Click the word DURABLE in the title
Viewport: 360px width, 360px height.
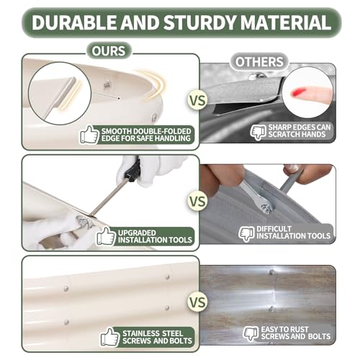[x=74, y=22]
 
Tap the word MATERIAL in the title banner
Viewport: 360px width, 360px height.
[x=286, y=22]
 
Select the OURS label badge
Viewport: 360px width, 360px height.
[x=109, y=51]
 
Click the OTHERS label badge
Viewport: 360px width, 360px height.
[x=259, y=62]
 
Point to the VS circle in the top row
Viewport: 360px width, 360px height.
[x=197, y=100]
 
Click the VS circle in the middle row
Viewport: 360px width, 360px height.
[x=197, y=201]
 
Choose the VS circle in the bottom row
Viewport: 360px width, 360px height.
[x=197, y=302]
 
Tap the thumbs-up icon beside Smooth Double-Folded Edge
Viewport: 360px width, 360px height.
[x=89, y=135]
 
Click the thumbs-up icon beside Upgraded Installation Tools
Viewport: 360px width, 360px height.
[x=106, y=236]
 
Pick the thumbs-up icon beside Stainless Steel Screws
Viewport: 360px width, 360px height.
[x=110, y=337]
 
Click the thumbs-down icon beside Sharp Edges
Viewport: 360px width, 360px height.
[x=258, y=132]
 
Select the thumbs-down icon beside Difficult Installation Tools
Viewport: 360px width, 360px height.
[x=247, y=233]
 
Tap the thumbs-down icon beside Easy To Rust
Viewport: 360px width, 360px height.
[x=251, y=333]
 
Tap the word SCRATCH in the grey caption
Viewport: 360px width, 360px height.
[x=283, y=135]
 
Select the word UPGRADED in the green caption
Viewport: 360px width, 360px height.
[x=137, y=233]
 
